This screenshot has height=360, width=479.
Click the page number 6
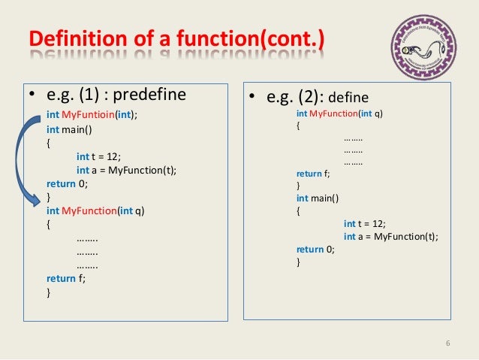pyautogui.click(x=447, y=344)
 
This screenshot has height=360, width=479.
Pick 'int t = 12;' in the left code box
pyautogui.click(x=98, y=156)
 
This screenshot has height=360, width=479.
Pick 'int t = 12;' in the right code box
pyautogui.click(x=365, y=224)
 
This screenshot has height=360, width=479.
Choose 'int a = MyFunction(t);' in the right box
pyautogui.click(x=390, y=237)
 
